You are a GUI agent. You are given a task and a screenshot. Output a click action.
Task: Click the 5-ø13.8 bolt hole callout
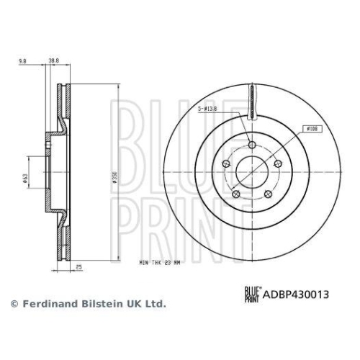coord(208,109)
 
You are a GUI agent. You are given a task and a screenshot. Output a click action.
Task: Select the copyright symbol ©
coord(13,305)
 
